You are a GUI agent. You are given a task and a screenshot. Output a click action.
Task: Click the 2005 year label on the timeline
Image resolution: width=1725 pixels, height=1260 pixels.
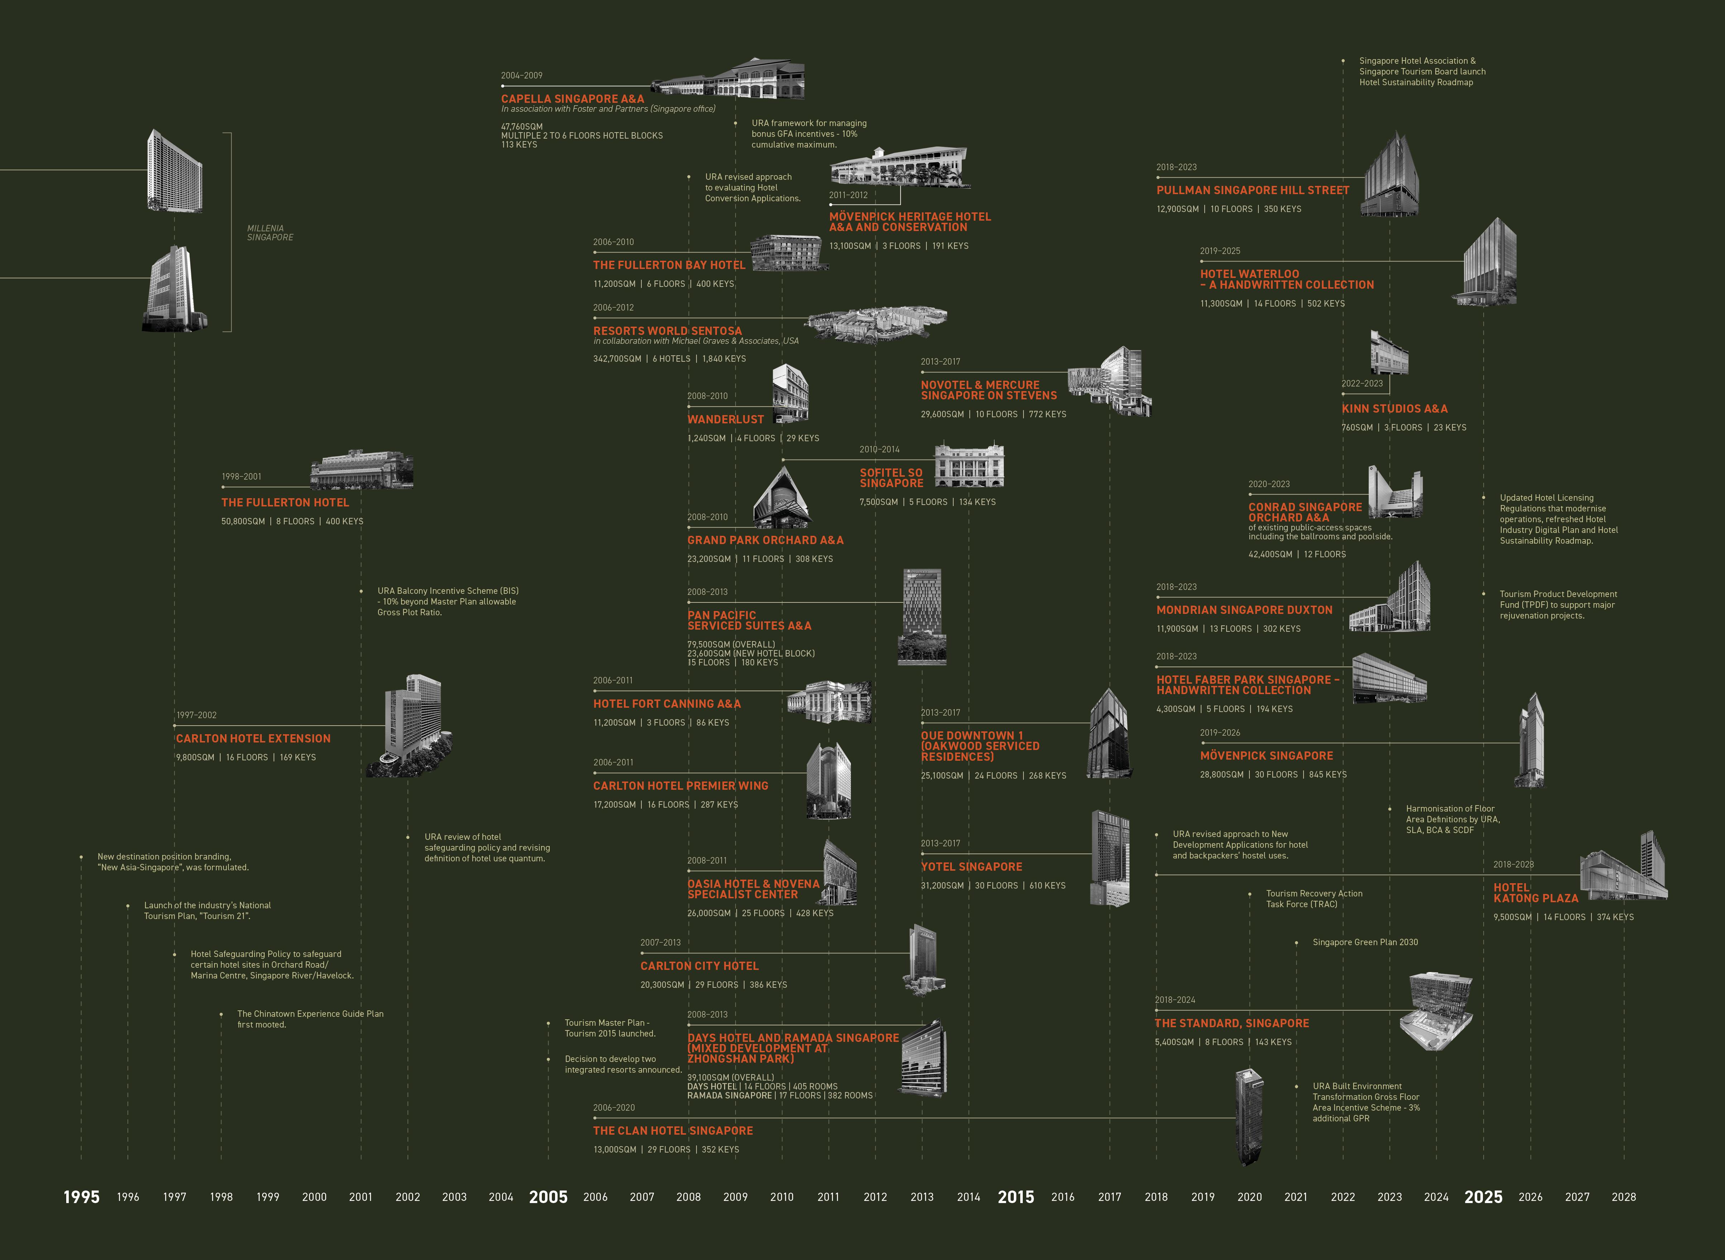548,1197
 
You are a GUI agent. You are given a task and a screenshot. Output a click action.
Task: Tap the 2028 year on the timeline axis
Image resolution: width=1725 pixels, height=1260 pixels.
1624,1197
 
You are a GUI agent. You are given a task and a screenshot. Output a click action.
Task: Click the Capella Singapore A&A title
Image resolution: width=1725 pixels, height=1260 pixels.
572,98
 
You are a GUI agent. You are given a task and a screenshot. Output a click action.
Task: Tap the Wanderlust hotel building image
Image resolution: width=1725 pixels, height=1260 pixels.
790,393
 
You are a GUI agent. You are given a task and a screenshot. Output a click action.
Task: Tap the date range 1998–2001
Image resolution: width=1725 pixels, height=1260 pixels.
241,477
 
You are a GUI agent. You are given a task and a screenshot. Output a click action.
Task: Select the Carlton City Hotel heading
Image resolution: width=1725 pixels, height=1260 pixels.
699,966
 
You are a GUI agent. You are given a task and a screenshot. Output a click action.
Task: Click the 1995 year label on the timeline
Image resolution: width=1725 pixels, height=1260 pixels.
82,1197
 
